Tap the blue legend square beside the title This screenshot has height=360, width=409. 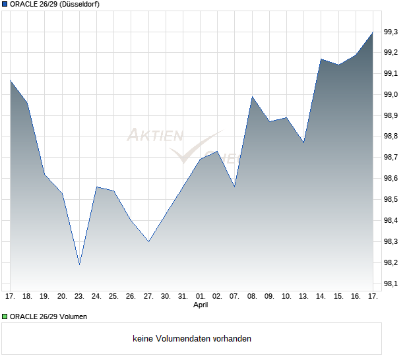pos(5,4)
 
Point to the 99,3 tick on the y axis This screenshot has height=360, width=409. pos(391,32)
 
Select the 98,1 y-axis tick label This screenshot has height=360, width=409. pos(391,284)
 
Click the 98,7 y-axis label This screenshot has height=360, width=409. pos(391,158)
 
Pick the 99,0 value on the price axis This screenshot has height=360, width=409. pos(391,94)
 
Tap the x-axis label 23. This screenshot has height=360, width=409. pos(79,296)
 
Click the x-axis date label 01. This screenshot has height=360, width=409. pos(201,296)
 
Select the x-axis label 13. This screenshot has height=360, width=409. pos(303,296)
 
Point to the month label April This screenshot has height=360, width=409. pos(201,305)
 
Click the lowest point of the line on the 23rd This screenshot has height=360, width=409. pos(79,264)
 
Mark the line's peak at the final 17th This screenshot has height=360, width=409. pos(373,32)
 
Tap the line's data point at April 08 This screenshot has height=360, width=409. pos(252,97)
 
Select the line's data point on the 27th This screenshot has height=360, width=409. pos(148,241)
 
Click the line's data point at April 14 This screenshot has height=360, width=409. pos(321,59)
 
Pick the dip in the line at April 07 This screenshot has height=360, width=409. pos(235,187)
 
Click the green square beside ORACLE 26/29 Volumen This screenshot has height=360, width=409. pos(5,316)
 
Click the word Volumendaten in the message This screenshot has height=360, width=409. pos(186,339)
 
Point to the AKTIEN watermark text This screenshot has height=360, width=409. pos(155,136)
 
